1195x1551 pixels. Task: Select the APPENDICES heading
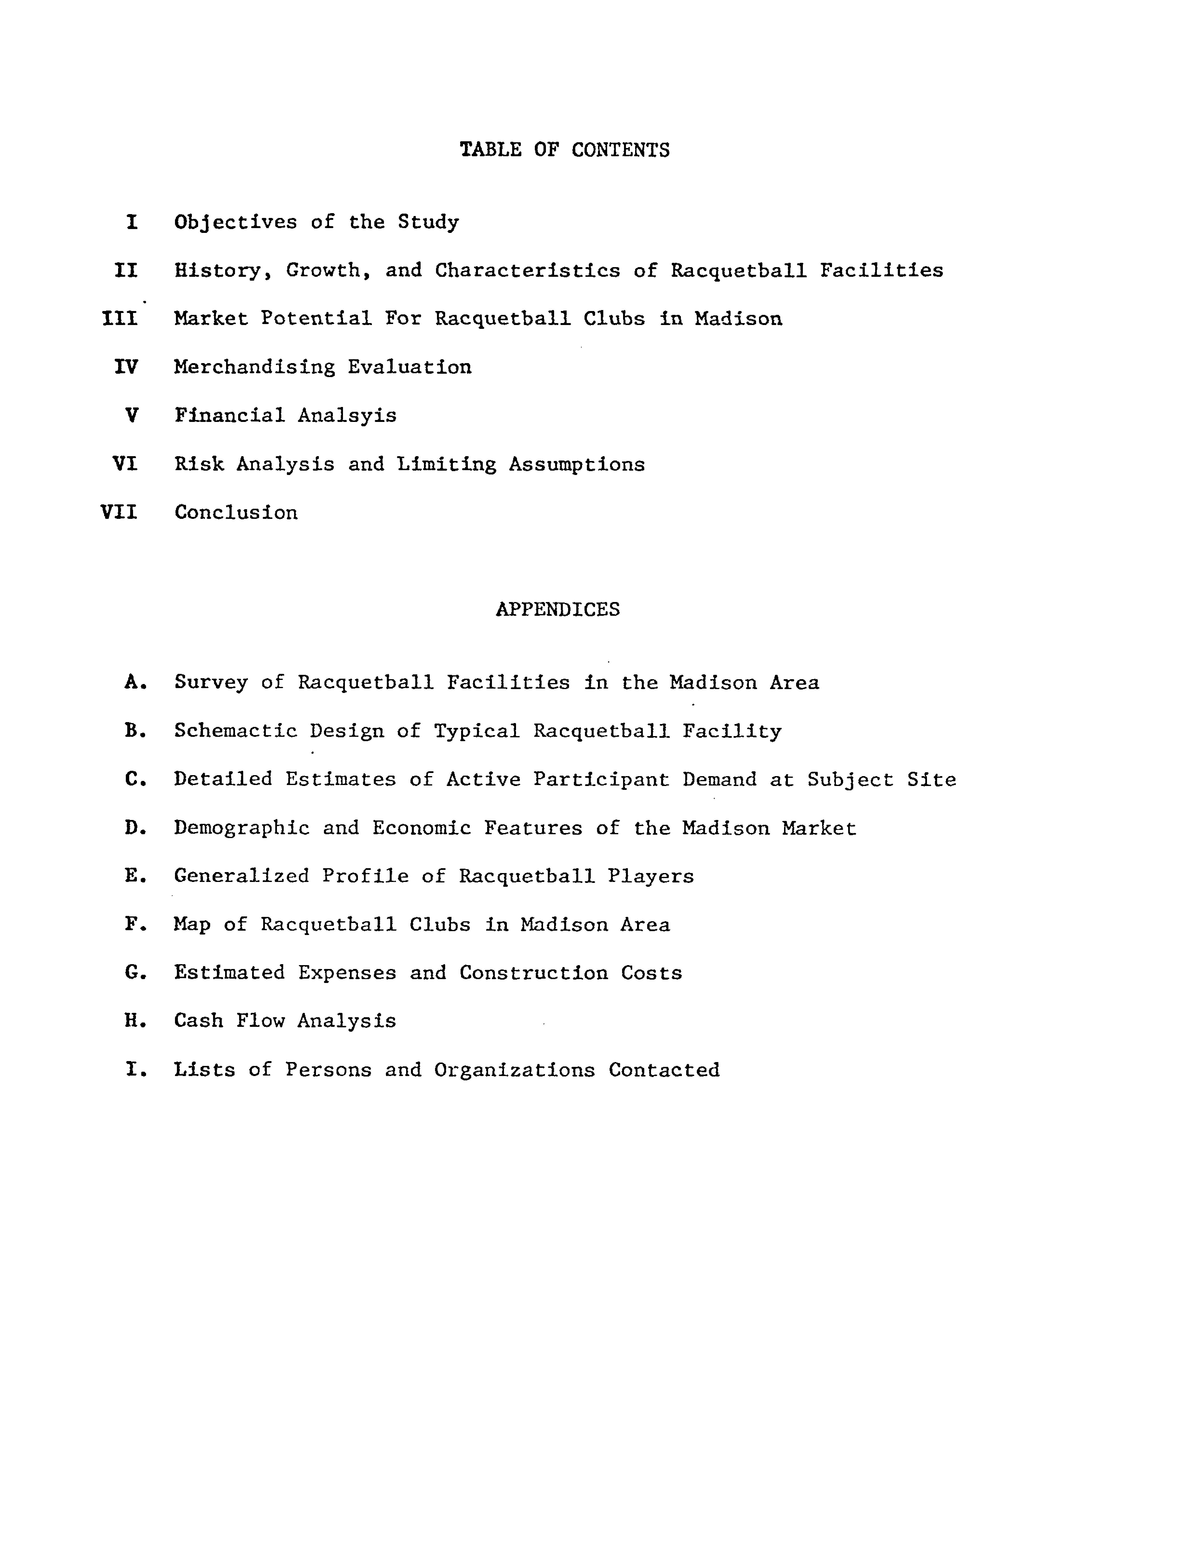pos(557,609)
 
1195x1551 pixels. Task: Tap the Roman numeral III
pos(120,319)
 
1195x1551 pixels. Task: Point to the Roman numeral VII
pos(119,512)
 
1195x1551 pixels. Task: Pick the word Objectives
pos(236,222)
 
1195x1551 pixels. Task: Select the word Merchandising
pos(254,367)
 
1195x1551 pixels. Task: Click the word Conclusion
pos(236,512)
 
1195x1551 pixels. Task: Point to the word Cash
pos(198,1021)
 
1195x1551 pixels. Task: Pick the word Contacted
pos(664,1070)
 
